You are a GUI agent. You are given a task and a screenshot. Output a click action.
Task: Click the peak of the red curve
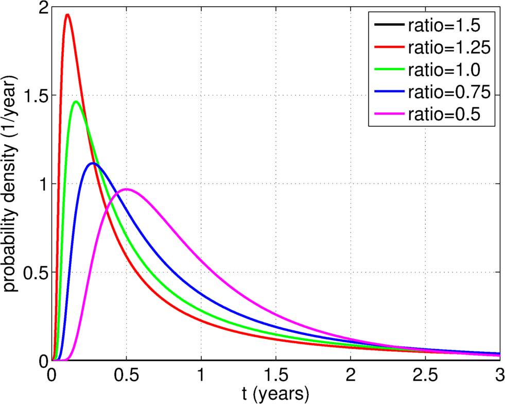point(67,15)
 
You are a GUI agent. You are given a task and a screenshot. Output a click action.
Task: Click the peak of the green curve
point(76,102)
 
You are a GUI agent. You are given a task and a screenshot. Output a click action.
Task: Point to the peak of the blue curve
point(93,163)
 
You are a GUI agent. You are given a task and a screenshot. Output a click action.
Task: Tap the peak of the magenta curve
point(127,189)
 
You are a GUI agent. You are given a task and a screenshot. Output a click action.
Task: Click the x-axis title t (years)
point(275,394)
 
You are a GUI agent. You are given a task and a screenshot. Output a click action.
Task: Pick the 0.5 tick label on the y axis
point(35,273)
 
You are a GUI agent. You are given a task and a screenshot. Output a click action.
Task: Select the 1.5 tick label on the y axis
point(35,96)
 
